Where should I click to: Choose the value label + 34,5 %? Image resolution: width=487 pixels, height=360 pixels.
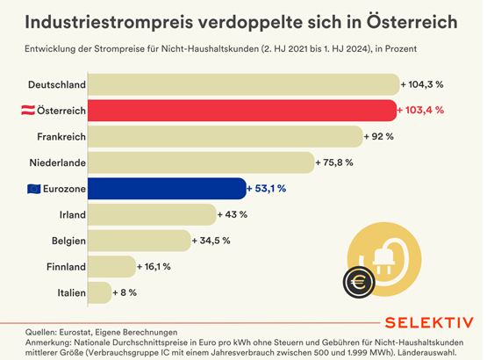pyautogui.click(x=213, y=240)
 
